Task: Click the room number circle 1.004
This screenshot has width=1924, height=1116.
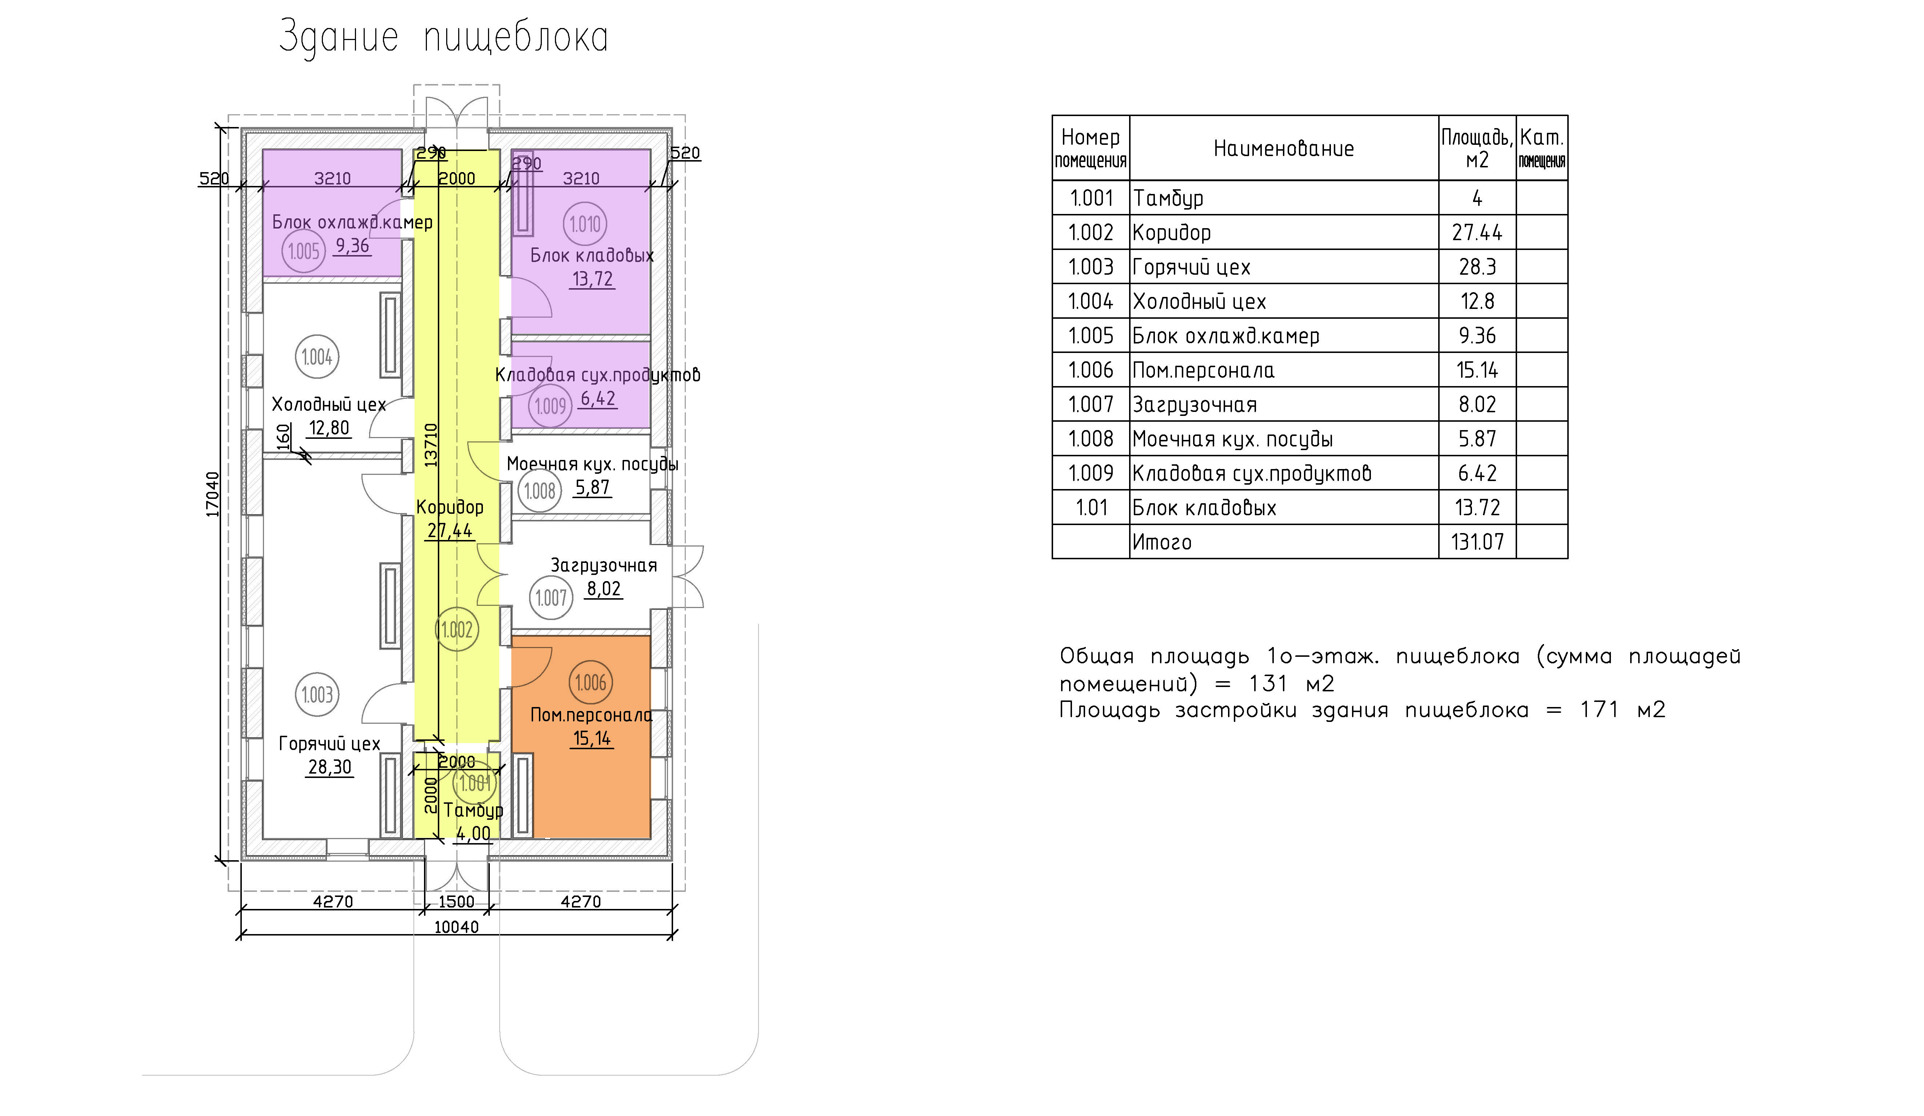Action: [317, 357]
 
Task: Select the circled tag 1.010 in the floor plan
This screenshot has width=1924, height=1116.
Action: [585, 225]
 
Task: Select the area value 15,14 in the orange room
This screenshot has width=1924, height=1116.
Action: [592, 739]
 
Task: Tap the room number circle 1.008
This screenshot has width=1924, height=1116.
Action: [540, 491]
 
